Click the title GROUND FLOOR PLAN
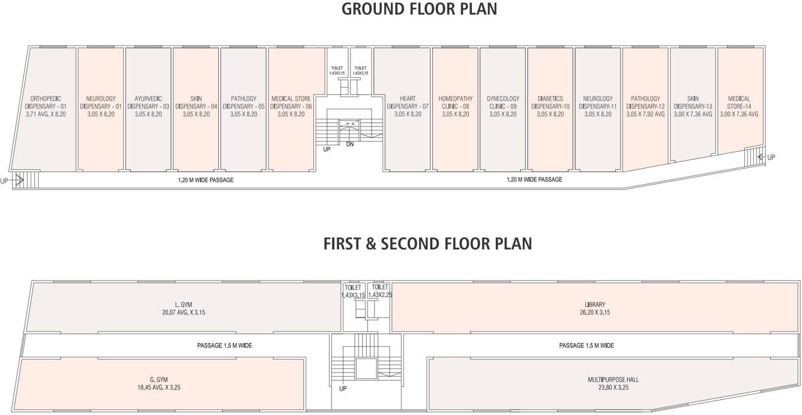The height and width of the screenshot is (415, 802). [x=419, y=10]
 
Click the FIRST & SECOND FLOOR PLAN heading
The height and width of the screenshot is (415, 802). [x=427, y=243]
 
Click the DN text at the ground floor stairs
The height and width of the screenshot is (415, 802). [x=350, y=145]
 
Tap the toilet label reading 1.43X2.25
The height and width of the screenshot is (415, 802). [x=379, y=295]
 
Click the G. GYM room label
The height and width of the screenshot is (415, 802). [x=158, y=380]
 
